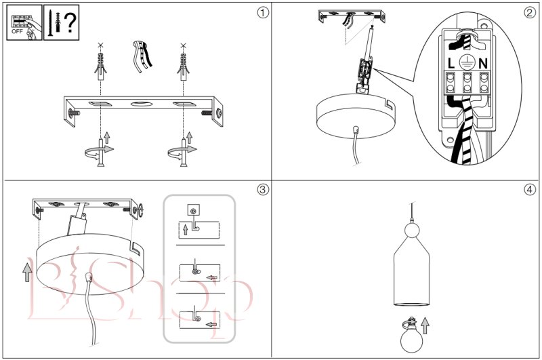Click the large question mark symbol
coord(68,20)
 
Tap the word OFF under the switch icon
coord(17,32)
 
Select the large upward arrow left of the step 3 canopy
coord(26,271)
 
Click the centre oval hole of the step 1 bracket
coord(142,104)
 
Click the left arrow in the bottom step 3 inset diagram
coord(211,324)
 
